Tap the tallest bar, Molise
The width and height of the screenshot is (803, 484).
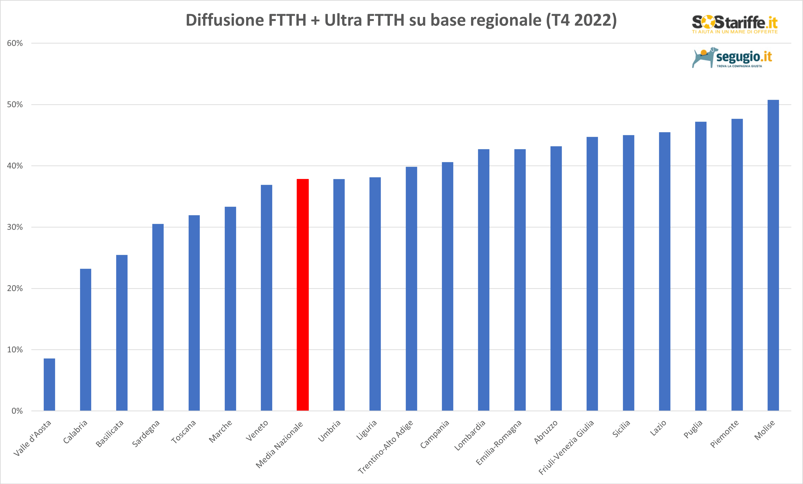pyautogui.click(x=773, y=255)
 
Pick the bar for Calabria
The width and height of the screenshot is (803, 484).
pyautogui.click(x=86, y=340)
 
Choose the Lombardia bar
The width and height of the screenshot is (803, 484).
pyautogui.click(x=484, y=280)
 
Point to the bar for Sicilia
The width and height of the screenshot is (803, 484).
pyautogui.click(x=628, y=273)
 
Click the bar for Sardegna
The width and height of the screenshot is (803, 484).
pyautogui.click(x=158, y=317)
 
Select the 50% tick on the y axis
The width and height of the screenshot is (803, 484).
pyautogui.click(x=15, y=105)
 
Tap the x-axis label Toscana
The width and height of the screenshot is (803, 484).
pyautogui.click(x=184, y=432)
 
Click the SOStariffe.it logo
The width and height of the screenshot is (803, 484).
pyautogui.click(x=735, y=23)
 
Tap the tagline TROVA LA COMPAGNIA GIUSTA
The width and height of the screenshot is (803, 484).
pyautogui.click(x=739, y=66)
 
